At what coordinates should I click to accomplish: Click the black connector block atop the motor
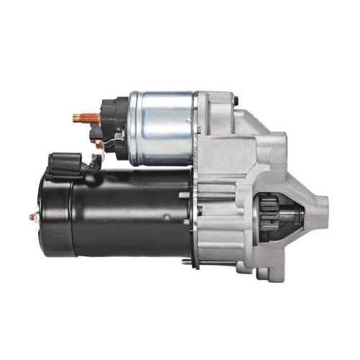(62, 163)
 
